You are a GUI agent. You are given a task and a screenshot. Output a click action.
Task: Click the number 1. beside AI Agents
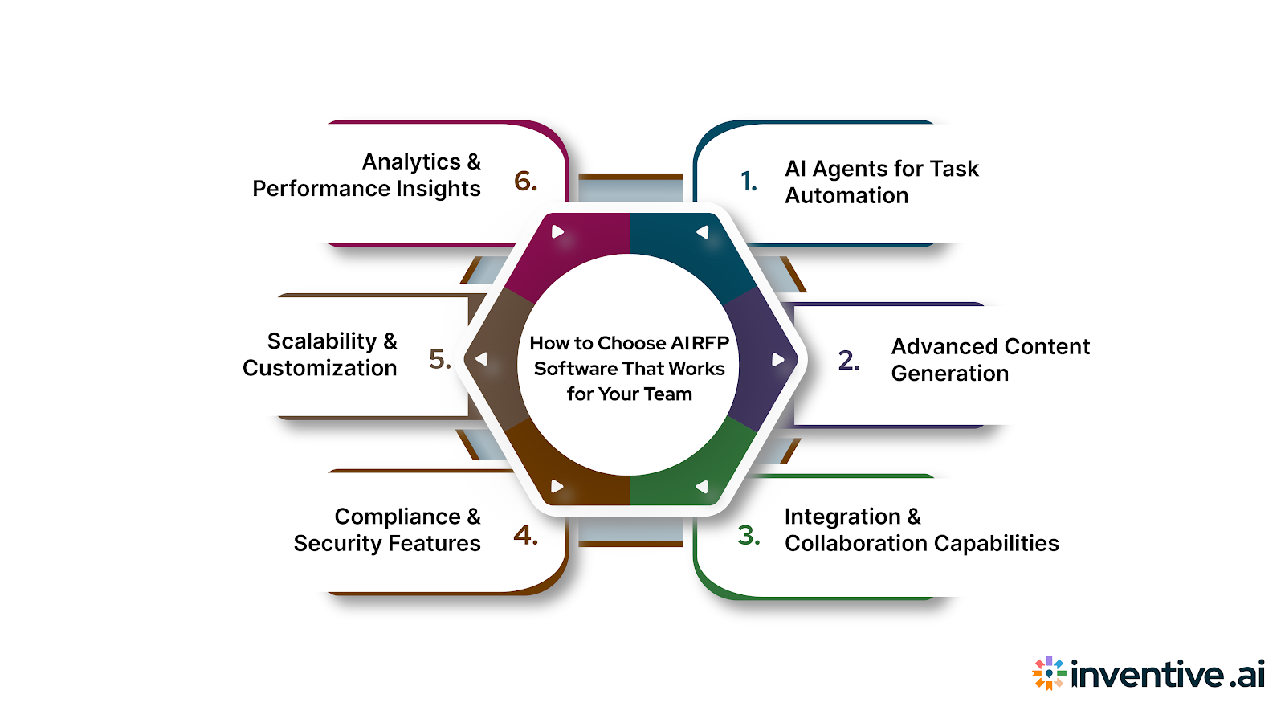point(749,182)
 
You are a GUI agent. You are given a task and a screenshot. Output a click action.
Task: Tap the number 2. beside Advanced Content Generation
point(849,360)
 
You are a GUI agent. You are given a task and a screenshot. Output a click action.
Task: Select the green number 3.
point(749,535)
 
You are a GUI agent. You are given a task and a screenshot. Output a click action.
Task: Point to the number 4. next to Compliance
point(526,535)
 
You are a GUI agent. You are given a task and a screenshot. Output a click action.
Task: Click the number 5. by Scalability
point(439,358)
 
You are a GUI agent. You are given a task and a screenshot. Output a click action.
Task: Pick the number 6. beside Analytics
point(526,182)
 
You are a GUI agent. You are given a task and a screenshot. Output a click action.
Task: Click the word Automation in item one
point(846,196)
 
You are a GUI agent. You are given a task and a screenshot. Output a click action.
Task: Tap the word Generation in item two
point(949,374)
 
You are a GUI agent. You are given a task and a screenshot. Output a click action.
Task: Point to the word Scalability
point(322,341)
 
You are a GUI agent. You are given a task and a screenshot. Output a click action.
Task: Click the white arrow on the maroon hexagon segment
point(557,232)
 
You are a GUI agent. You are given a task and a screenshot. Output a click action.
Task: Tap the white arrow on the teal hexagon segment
point(703,232)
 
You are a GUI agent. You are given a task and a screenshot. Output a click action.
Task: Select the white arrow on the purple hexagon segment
point(777,359)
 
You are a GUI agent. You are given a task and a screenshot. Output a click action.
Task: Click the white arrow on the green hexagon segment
point(702,487)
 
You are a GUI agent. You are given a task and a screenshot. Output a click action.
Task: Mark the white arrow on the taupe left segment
point(482,359)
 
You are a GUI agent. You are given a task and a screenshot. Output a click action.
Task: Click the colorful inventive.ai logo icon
point(1049,674)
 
